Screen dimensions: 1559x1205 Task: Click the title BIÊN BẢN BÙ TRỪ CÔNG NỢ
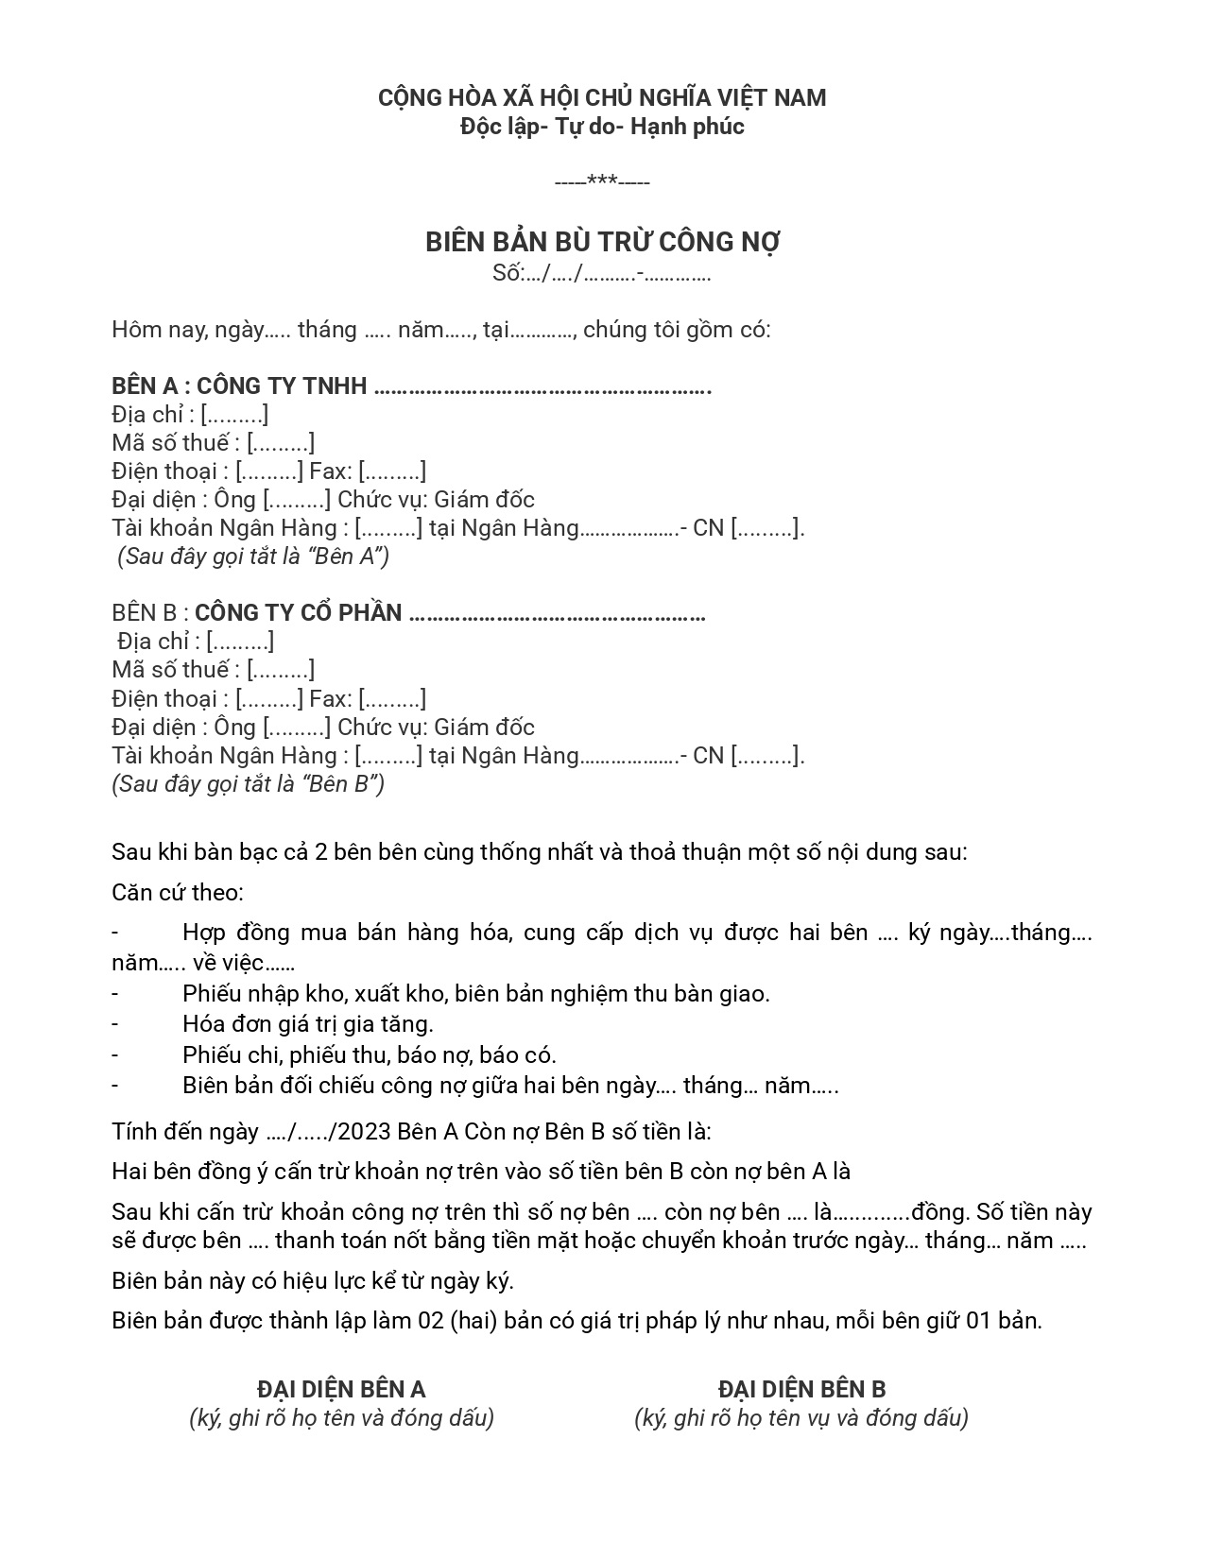tap(602, 243)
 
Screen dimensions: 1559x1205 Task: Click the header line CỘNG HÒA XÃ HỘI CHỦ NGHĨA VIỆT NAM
tap(602, 98)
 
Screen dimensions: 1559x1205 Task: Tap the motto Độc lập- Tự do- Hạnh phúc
tap(602, 127)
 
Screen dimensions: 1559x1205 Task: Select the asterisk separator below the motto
tap(602, 180)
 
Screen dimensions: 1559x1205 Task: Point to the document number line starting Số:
tap(602, 274)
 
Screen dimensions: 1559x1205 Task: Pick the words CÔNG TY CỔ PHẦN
tap(299, 613)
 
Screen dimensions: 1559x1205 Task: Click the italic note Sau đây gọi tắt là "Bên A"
tap(253, 557)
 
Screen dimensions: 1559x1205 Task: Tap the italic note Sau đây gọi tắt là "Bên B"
tap(249, 784)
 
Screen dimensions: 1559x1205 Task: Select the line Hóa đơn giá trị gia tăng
tap(308, 1023)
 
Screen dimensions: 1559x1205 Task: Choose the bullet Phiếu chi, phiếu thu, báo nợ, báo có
tap(370, 1054)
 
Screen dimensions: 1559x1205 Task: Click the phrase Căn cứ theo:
tap(178, 893)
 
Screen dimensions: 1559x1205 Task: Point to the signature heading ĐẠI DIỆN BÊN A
tap(341, 1389)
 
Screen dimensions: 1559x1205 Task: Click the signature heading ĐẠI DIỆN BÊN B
tap(801, 1389)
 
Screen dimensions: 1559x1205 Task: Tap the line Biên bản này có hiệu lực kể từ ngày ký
tap(313, 1281)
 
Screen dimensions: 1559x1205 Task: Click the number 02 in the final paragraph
tap(432, 1321)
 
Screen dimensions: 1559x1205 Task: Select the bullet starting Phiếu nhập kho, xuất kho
tap(476, 993)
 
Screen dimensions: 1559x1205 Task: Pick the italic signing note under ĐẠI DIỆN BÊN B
tap(801, 1418)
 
